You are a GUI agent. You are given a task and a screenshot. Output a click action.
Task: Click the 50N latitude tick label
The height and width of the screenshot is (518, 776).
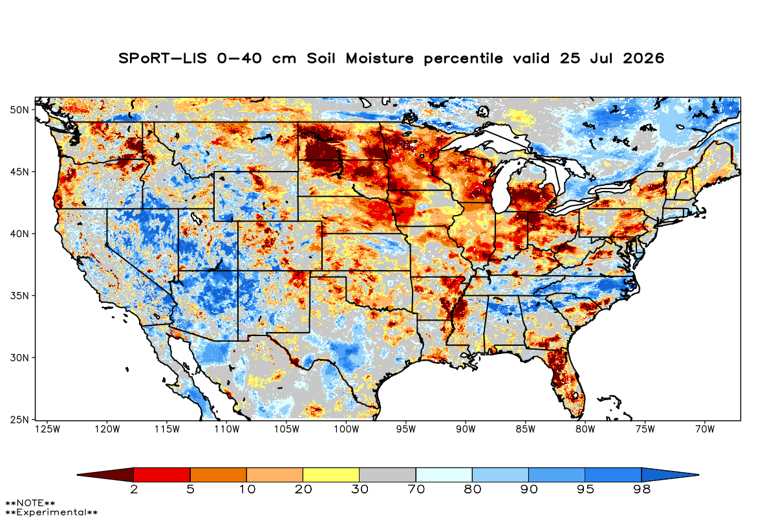pyautogui.click(x=19, y=110)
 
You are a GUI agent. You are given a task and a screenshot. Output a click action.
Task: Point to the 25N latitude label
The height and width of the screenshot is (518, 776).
pyautogui.click(x=19, y=420)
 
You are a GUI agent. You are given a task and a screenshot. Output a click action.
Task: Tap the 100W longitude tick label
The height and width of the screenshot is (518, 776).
pyautogui.click(x=347, y=429)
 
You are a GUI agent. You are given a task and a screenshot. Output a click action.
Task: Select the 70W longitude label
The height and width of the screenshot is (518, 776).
pyautogui.click(x=705, y=429)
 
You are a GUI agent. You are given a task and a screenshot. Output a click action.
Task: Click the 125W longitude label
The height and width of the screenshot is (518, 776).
pyautogui.click(x=48, y=429)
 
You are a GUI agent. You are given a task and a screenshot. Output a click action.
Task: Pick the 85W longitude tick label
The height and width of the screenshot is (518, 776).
pyautogui.click(x=526, y=429)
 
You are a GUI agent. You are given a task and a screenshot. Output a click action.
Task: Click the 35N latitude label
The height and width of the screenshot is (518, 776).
pyautogui.click(x=19, y=296)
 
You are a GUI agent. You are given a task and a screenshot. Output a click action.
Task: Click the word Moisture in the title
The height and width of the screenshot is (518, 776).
pyautogui.click(x=380, y=58)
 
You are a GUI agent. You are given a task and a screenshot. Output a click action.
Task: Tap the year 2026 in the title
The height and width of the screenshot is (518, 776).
pyautogui.click(x=643, y=58)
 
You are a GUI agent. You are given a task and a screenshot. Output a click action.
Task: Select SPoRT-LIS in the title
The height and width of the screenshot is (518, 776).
pyautogui.click(x=162, y=58)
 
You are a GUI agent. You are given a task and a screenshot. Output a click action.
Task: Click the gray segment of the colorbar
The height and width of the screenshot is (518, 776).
pyautogui.click(x=387, y=475)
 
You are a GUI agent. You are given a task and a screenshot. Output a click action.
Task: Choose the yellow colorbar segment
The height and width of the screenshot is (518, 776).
pyautogui.click(x=331, y=475)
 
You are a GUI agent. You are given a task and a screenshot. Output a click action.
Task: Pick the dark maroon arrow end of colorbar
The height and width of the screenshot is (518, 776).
pyautogui.click(x=105, y=475)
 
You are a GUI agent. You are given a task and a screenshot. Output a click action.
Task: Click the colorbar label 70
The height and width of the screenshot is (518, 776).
pyautogui.click(x=416, y=490)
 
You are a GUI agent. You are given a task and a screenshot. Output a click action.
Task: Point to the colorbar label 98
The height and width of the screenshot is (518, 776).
pyautogui.click(x=642, y=490)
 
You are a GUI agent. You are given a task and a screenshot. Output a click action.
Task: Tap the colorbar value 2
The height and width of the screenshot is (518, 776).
pyautogui.click(x=134, y=490)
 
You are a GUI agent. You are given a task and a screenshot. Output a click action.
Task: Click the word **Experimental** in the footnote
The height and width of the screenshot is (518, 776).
pyautogui.click(x=51, y=512)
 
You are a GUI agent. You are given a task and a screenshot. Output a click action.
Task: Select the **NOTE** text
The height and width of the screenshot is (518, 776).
pyautogui.click(x=30, y=502)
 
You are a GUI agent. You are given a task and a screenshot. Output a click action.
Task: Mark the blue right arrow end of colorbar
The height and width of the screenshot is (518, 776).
pyautogui.click(x=671, y=475)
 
